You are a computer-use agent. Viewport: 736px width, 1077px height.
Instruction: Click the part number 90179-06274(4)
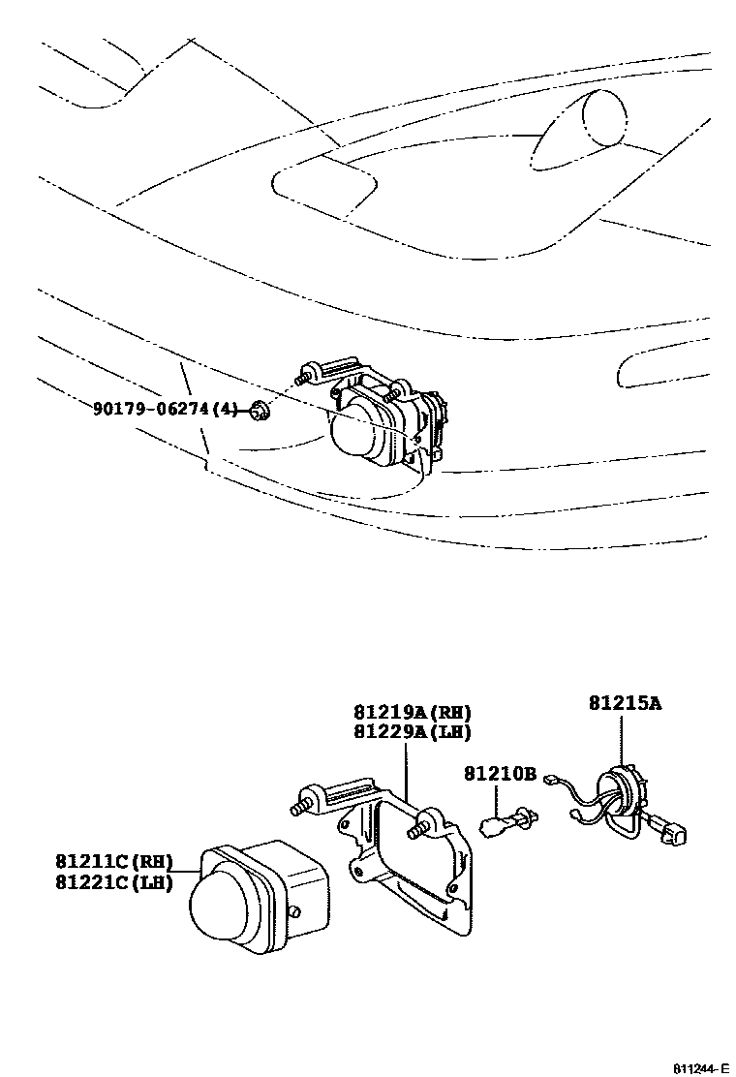coord(165,410)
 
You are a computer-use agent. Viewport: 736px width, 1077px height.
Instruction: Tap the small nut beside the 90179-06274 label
coord(258,411)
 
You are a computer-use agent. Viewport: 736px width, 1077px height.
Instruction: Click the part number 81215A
coord(625,703)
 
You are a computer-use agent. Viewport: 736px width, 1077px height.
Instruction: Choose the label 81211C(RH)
coord(112,860)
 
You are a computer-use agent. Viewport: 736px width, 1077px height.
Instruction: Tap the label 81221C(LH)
coord(112,881)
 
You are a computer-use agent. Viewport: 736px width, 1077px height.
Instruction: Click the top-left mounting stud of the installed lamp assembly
coord(307,373)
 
